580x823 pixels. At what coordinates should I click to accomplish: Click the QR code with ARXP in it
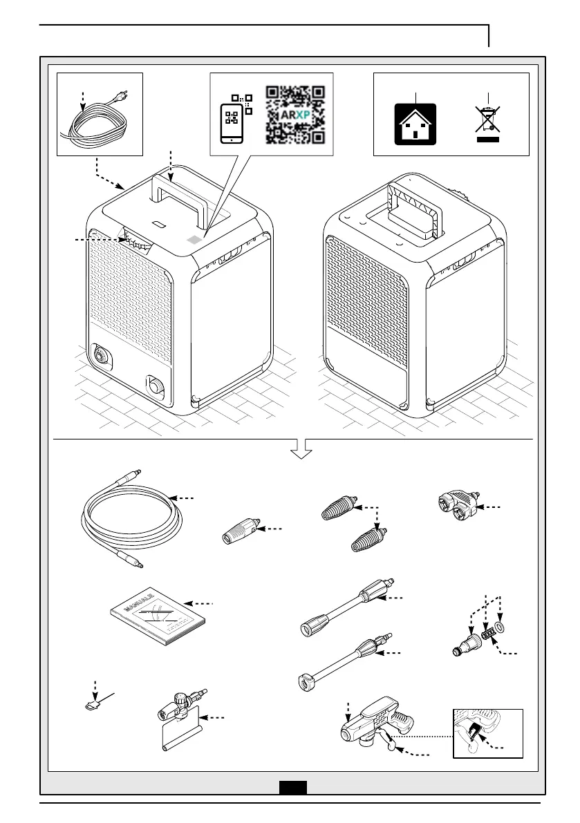[295, 114]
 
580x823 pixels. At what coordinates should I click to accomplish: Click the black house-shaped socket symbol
[415, 124]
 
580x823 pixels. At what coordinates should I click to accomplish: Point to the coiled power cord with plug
[97, 124]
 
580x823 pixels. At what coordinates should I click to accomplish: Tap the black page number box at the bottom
[292, 786]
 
